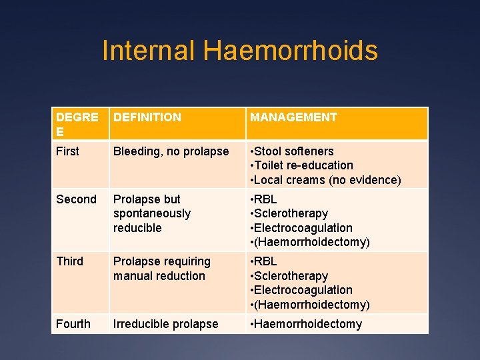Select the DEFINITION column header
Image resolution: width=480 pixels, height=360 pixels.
[x=147, y=117]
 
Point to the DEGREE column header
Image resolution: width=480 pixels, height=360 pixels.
[x=77, y=124]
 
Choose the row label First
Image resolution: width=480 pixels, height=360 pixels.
[x=67, y=151]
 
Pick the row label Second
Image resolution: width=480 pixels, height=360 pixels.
[x=76, y=199]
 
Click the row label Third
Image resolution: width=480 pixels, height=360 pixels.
[x=70, y=261]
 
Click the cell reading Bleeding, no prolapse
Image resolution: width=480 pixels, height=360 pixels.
[x=171, y=151]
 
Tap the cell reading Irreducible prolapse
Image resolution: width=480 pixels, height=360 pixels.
[x=166, y=324]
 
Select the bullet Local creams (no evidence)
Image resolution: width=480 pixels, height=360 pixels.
[x=327, y=180]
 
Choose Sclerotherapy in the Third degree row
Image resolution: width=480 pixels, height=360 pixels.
[x=291, y=276]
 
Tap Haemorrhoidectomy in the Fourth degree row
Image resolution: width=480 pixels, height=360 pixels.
[x=308, y=324]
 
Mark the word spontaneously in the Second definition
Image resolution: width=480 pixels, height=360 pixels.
[x=152, y=213]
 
